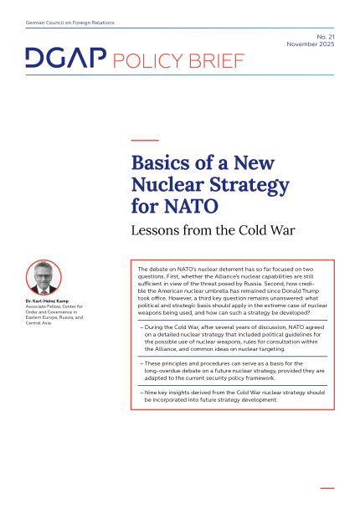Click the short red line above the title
coord(145,138)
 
